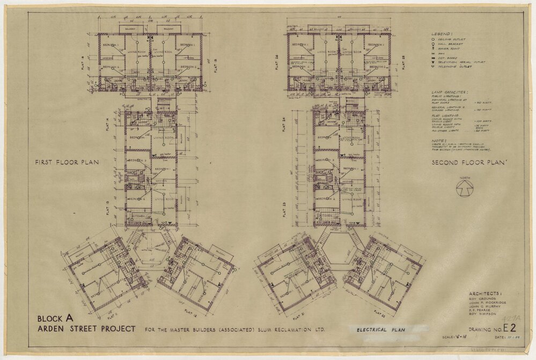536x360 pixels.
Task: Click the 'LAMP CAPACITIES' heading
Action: coord(449,92)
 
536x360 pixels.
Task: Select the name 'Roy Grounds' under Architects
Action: coord(480,299)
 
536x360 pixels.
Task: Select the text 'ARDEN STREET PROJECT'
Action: coord(86,328)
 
